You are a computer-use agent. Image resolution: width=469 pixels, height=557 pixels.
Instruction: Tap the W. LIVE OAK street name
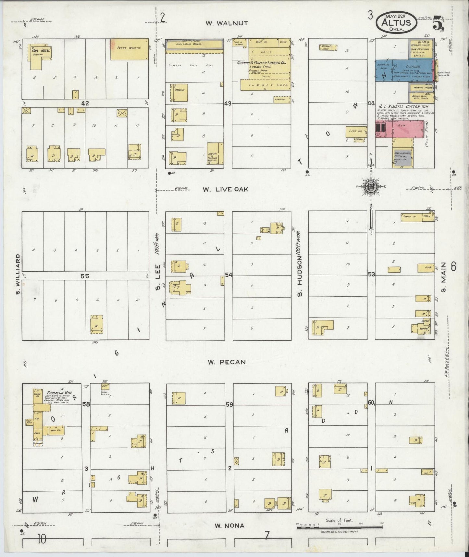pos(226,189)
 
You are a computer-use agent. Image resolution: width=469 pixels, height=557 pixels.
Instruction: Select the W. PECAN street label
pos(227,362)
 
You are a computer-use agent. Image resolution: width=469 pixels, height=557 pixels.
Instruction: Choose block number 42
pos(85,103)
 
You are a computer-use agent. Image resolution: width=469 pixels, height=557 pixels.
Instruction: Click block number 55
pos(85,276)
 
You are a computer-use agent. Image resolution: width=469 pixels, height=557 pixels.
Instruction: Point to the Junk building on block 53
pos(426,268)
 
